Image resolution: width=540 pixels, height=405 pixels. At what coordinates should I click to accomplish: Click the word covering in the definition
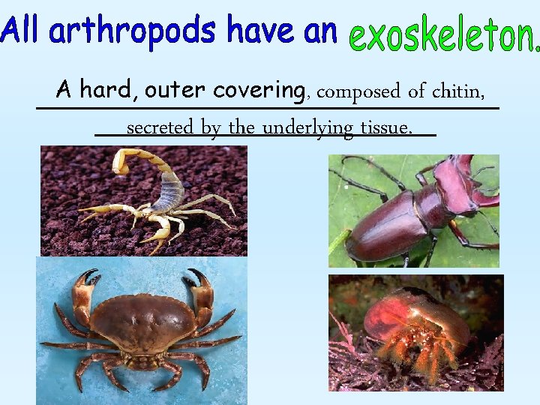point(258,91)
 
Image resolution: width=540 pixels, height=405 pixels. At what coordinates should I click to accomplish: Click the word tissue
point(385,127)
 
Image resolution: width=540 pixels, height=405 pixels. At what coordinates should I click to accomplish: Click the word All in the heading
point(21,31)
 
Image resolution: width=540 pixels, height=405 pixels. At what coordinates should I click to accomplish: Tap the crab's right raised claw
point(199,289)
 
